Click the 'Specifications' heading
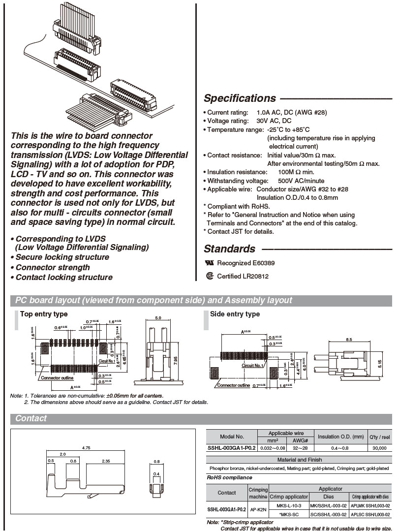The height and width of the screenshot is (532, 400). [240, 98]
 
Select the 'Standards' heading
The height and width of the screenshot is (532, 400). [229, 249]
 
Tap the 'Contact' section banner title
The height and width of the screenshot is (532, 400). [31, 419]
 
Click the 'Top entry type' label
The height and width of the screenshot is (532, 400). [44, 314]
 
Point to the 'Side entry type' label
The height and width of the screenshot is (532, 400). [235, 314]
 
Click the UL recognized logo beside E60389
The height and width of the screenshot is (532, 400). [210, 263]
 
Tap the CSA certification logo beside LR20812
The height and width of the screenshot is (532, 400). [210, 276]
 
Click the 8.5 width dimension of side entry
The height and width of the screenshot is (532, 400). [348, 340]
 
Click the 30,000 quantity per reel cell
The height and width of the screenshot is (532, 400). [379, 448]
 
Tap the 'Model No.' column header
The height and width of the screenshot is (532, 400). [232, 437]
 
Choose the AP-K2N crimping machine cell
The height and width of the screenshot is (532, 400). [258, 510]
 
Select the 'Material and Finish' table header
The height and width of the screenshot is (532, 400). [299, 460]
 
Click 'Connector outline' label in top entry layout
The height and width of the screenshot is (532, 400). [57, 378]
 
